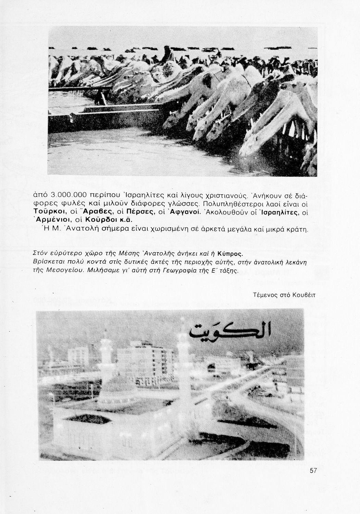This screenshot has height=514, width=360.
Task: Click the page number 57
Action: point(313,470)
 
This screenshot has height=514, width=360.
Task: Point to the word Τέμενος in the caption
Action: point(264,295)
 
